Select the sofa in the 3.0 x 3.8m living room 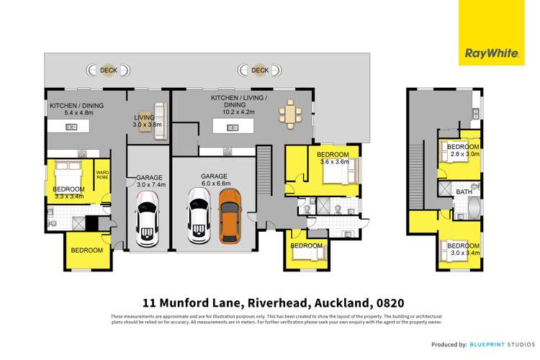point(158,114)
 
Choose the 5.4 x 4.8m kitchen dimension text point(76,113)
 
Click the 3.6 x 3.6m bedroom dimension point(334,162)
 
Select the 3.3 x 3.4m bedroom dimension point(69,196)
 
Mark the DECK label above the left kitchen point(109,70)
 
